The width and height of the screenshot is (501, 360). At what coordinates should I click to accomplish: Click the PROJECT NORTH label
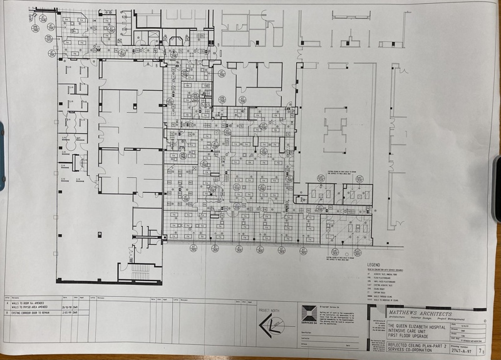(268, 310)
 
